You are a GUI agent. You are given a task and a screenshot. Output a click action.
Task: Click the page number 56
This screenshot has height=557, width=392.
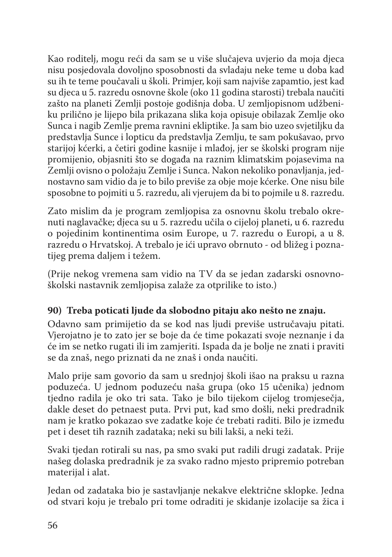pyautogui.click(x=52, y=525)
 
